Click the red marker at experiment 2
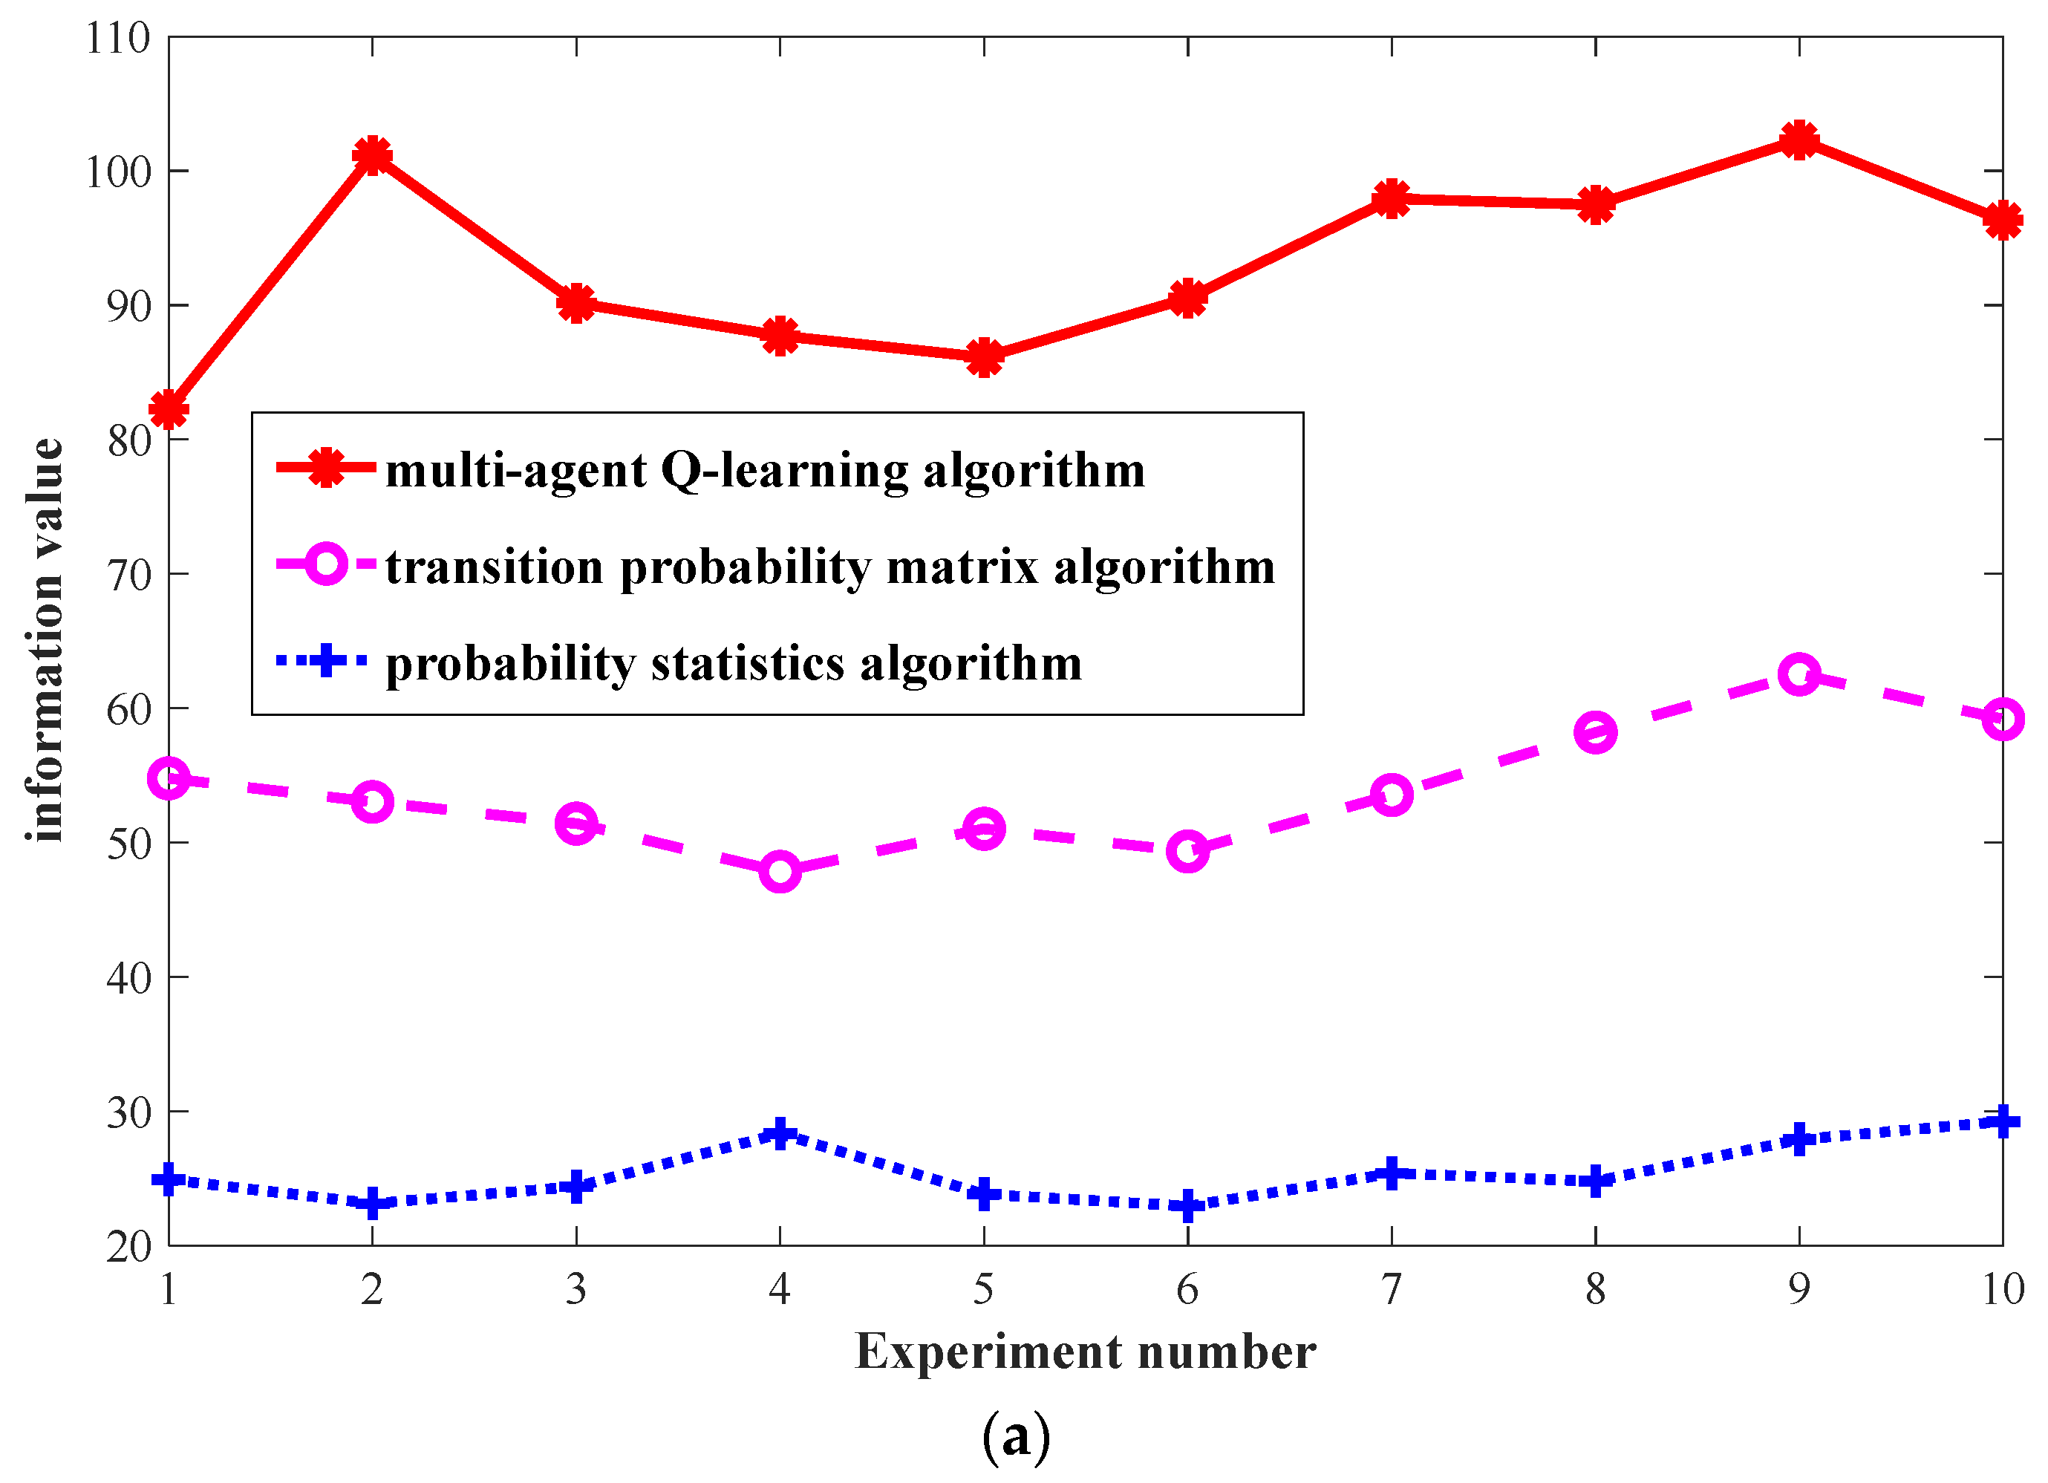pos(372,155)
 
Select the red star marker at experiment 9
pos(1798,140)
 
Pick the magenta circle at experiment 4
pos(780,872)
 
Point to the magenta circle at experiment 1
pos(169,778)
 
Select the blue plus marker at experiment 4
pos(780,1132)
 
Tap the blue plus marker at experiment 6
pos(1187,1206)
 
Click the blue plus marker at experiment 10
pos(2002,1122)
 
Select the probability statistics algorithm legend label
pos(733,664)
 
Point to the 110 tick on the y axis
pos(118,39)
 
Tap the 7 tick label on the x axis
pos(1392,1289)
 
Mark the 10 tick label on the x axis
pos(2002,1289)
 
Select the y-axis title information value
pos(45,640)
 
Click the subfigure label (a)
pos(1016,1434)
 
